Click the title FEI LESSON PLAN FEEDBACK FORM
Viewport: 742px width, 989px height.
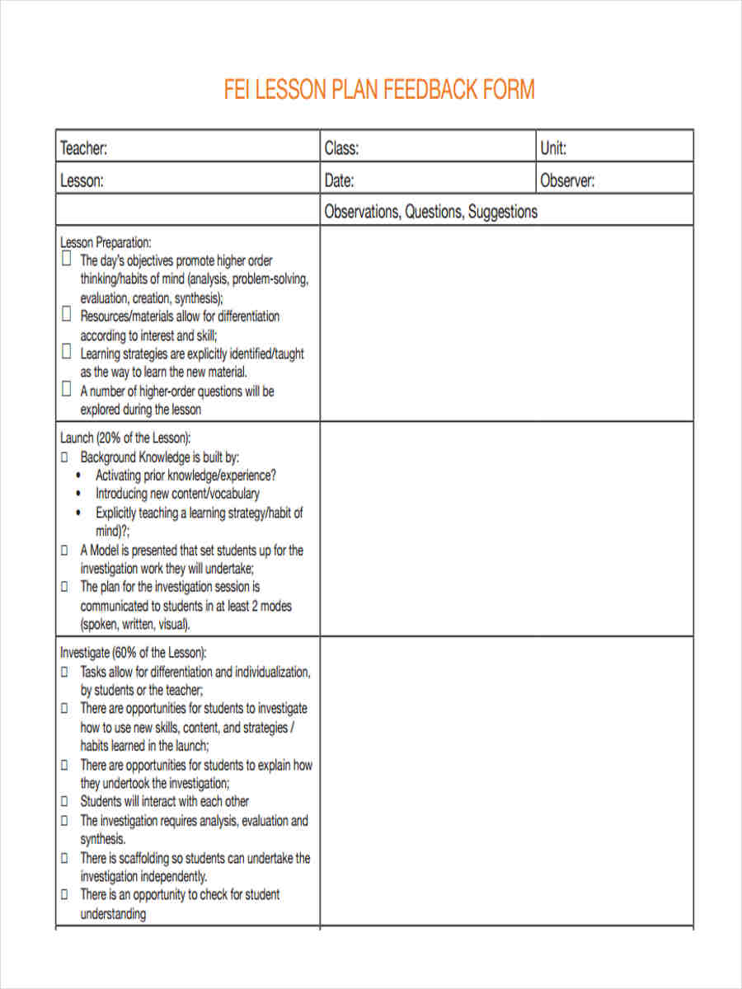click(x=379, y=89)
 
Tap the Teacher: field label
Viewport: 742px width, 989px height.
click(x=83, y=148)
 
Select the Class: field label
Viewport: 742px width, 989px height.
click(x=341, y=148)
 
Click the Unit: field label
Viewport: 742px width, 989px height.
click(x=553, y=148)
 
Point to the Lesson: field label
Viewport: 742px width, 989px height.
click(x=82, y=180)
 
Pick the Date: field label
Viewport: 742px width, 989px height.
click(x=339, y=180)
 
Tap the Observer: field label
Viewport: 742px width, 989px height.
click(x=567, y=180)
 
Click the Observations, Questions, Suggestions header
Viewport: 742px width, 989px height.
click(x=430, y=212)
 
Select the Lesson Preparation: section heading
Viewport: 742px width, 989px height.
click(x=106, y=242)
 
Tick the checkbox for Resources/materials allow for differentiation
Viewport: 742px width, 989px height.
click(x=66, y=315)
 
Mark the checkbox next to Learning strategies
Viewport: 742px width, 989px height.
click(x=66, y=353)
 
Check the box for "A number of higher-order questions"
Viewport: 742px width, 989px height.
click(x=66, y=390)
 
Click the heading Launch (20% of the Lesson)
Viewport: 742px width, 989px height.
click(x=125, y=437)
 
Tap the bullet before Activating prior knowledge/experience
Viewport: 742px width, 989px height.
click(x=78, y=476)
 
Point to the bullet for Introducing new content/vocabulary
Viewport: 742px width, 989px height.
click(x=78, y=494)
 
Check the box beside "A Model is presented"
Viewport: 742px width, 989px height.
click(x=65, y=551)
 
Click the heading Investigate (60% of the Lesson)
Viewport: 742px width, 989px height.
click(x=134, y=652)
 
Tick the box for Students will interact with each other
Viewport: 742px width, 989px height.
click(x=65, y=801)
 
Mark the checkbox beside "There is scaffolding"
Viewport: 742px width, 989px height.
click(x=65, y=858)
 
